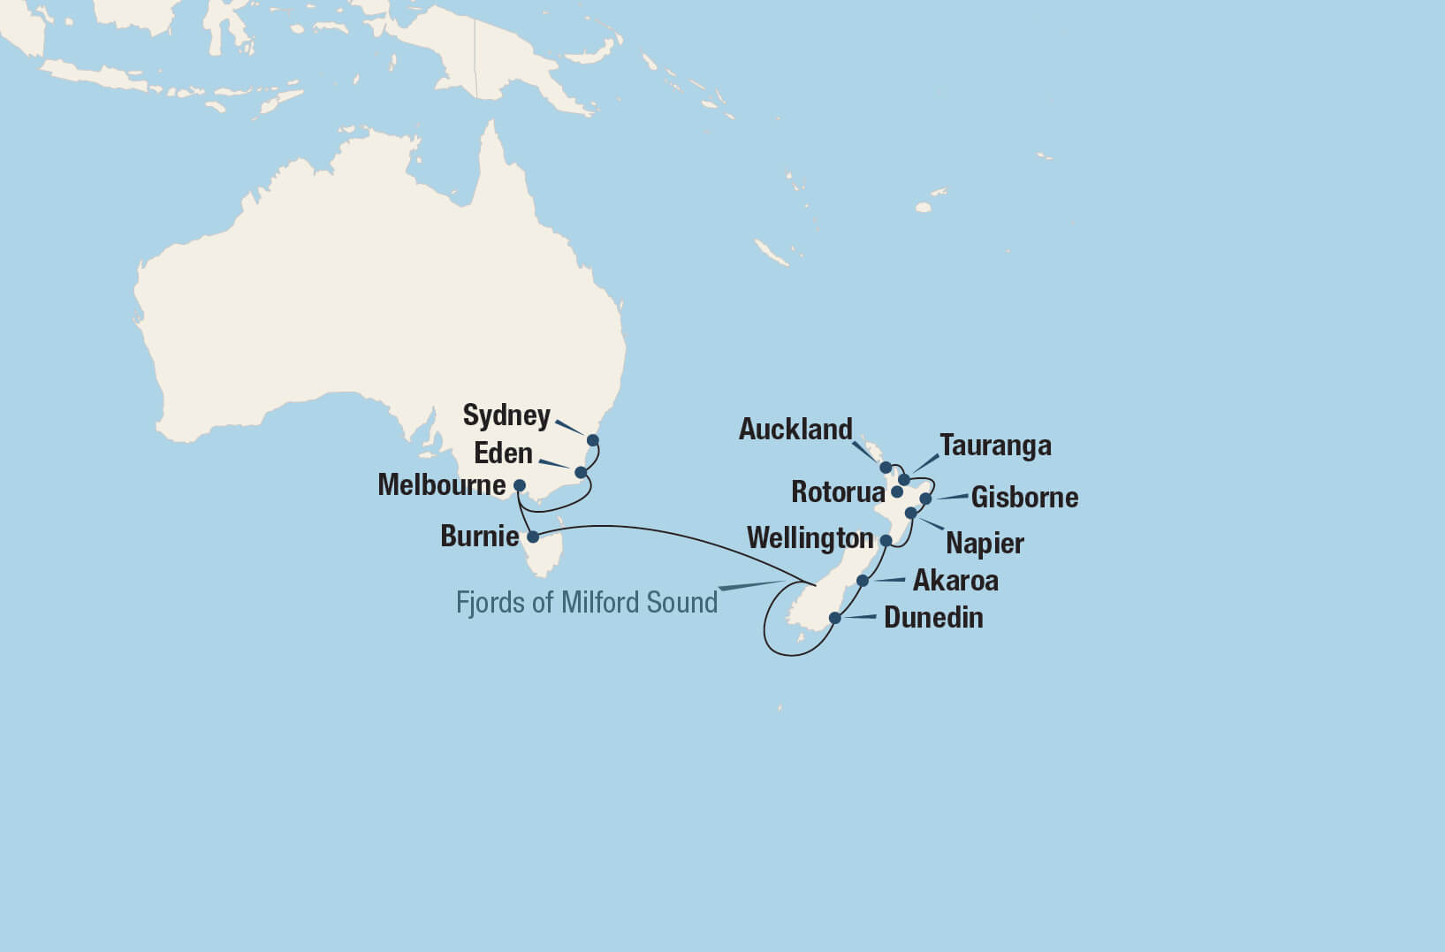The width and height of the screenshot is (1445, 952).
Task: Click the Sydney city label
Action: click(506, 415)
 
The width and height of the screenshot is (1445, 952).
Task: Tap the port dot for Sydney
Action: click(593, 440)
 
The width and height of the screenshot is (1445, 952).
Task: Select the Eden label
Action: click(503, 453)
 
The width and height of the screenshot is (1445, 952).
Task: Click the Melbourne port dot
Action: click(520, 485)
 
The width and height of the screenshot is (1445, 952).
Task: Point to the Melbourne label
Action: click(441, 485)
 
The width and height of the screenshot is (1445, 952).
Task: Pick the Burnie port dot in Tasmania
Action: click(533, 537)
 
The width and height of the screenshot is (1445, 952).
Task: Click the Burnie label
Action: click(479, 537)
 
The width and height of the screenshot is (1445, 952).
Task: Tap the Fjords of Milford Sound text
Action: click(586, 603)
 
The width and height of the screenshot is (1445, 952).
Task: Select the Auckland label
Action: click(795, 430)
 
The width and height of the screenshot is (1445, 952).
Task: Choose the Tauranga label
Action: click(995, 446)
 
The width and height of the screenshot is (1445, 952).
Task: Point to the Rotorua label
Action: click(838, 492)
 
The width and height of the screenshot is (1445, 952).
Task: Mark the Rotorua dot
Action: click(897, 491)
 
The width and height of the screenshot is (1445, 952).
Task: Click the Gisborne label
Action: click(1024, 498)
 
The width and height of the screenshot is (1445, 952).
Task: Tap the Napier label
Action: click(985, 543)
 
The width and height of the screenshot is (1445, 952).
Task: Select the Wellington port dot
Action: click(886, 540)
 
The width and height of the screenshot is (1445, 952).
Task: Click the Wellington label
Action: click(810, 538)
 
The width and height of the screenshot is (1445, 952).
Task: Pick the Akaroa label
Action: click(955, 581)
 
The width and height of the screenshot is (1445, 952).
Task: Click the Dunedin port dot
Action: click(835, 618)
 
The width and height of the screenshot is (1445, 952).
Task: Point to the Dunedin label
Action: click(933, 618)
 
